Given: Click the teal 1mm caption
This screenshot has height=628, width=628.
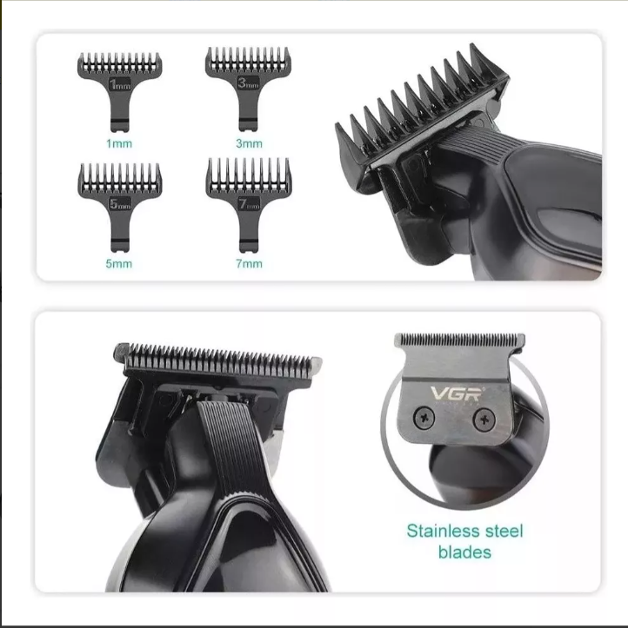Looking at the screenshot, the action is click(119, 143).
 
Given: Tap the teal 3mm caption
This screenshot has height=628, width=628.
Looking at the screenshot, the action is click(249, 143).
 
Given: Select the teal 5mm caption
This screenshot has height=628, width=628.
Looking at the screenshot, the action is click(118, 263).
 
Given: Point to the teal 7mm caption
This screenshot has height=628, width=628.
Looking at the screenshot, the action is click(249, 263).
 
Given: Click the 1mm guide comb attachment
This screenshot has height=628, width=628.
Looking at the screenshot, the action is click(119, 92).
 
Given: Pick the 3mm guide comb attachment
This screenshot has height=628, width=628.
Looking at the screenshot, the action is click(248, 89).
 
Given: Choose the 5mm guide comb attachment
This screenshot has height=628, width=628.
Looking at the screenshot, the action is click(119, 207).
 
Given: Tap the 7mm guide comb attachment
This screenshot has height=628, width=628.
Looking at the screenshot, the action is click(248, 204).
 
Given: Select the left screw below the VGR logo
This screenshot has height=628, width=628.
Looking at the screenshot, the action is click(424, 417).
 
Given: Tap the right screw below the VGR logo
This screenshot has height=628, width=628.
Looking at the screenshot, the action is click(484, 420).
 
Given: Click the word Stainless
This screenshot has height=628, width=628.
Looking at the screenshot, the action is click(443, 531).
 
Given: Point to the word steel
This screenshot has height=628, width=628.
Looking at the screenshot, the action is click(504, 531).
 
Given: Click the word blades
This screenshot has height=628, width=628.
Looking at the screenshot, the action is click(464, 552).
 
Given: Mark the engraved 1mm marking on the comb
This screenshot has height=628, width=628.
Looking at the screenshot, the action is click(120, 84).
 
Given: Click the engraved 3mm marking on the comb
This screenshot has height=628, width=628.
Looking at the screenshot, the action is click(248, 83).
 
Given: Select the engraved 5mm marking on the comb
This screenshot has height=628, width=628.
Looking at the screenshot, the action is click(120, 204).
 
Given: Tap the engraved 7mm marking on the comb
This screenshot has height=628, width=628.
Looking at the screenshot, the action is click(249, 204).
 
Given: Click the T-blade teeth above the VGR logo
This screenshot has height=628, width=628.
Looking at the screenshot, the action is click(459, 340).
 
